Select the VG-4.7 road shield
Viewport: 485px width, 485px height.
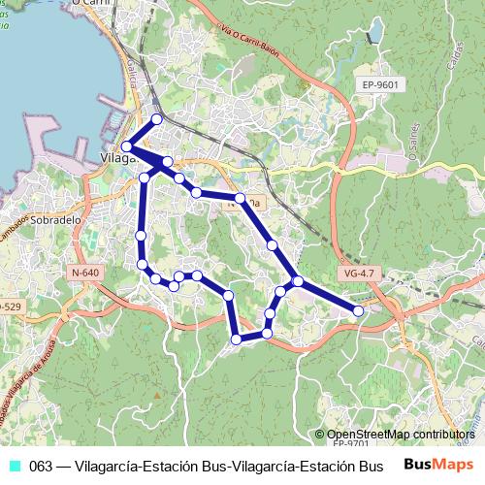(x=358, y=274)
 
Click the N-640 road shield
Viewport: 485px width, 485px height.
(x=85, y=273)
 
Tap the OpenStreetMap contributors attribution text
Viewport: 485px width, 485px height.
(x=401, y=435)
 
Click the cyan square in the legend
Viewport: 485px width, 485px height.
(x=13, y=466)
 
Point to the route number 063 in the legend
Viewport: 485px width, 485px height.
(x=41, y=466)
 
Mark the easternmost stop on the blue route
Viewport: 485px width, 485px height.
(x=358, y=310)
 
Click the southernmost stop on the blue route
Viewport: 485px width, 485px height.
(x=236, y=339)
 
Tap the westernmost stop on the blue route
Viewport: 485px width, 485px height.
(x=126, y=146)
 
